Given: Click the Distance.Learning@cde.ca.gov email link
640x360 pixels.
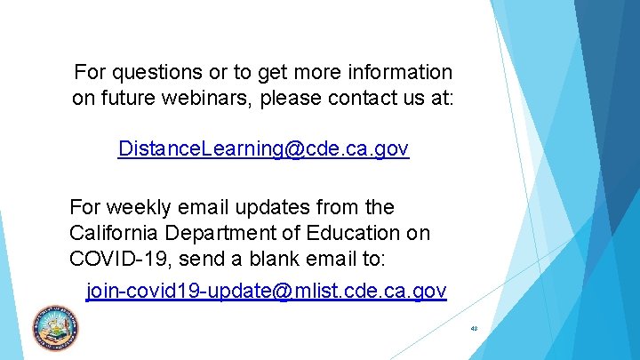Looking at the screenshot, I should coord(263,148).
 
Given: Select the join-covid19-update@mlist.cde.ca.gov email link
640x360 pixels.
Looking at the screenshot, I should coord(266,291).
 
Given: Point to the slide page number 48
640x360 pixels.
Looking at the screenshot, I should coord(474,329).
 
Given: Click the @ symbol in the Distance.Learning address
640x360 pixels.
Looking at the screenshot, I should coord(292,148).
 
